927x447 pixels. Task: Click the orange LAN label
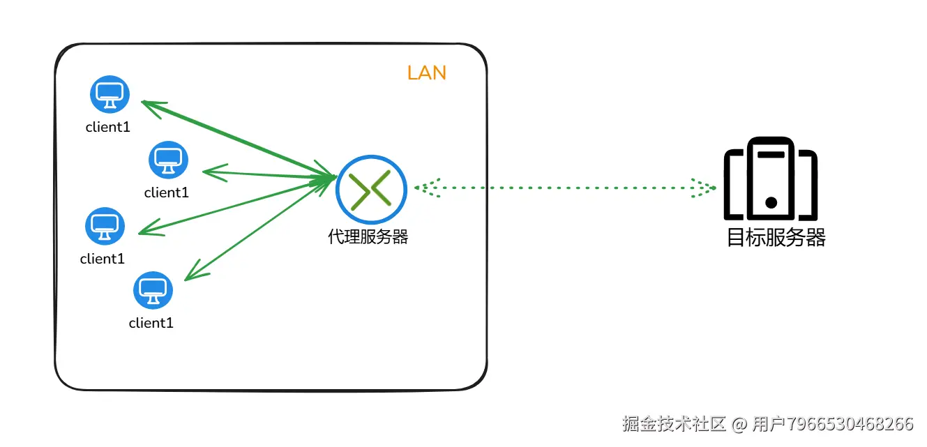(x=426, y=73)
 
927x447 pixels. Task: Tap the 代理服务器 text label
(x=368, y=237)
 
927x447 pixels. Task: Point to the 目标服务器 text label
(x=776, y=238)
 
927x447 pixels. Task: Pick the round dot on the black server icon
(x=771, y=203)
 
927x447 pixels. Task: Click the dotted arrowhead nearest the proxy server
(x=425, y=188)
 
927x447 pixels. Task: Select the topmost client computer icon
(x=110, y=93)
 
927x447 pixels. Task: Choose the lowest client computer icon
(x=153, y=290)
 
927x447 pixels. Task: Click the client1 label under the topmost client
(x=108, y=127)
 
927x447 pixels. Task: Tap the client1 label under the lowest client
(x=151, y=323)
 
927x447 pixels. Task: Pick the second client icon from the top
(x=168, y=160)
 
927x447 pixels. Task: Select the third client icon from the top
(x=105, y=226)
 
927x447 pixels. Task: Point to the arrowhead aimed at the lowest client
(x=193, y=272)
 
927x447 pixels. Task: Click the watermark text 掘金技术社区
(x=674, y=423)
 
